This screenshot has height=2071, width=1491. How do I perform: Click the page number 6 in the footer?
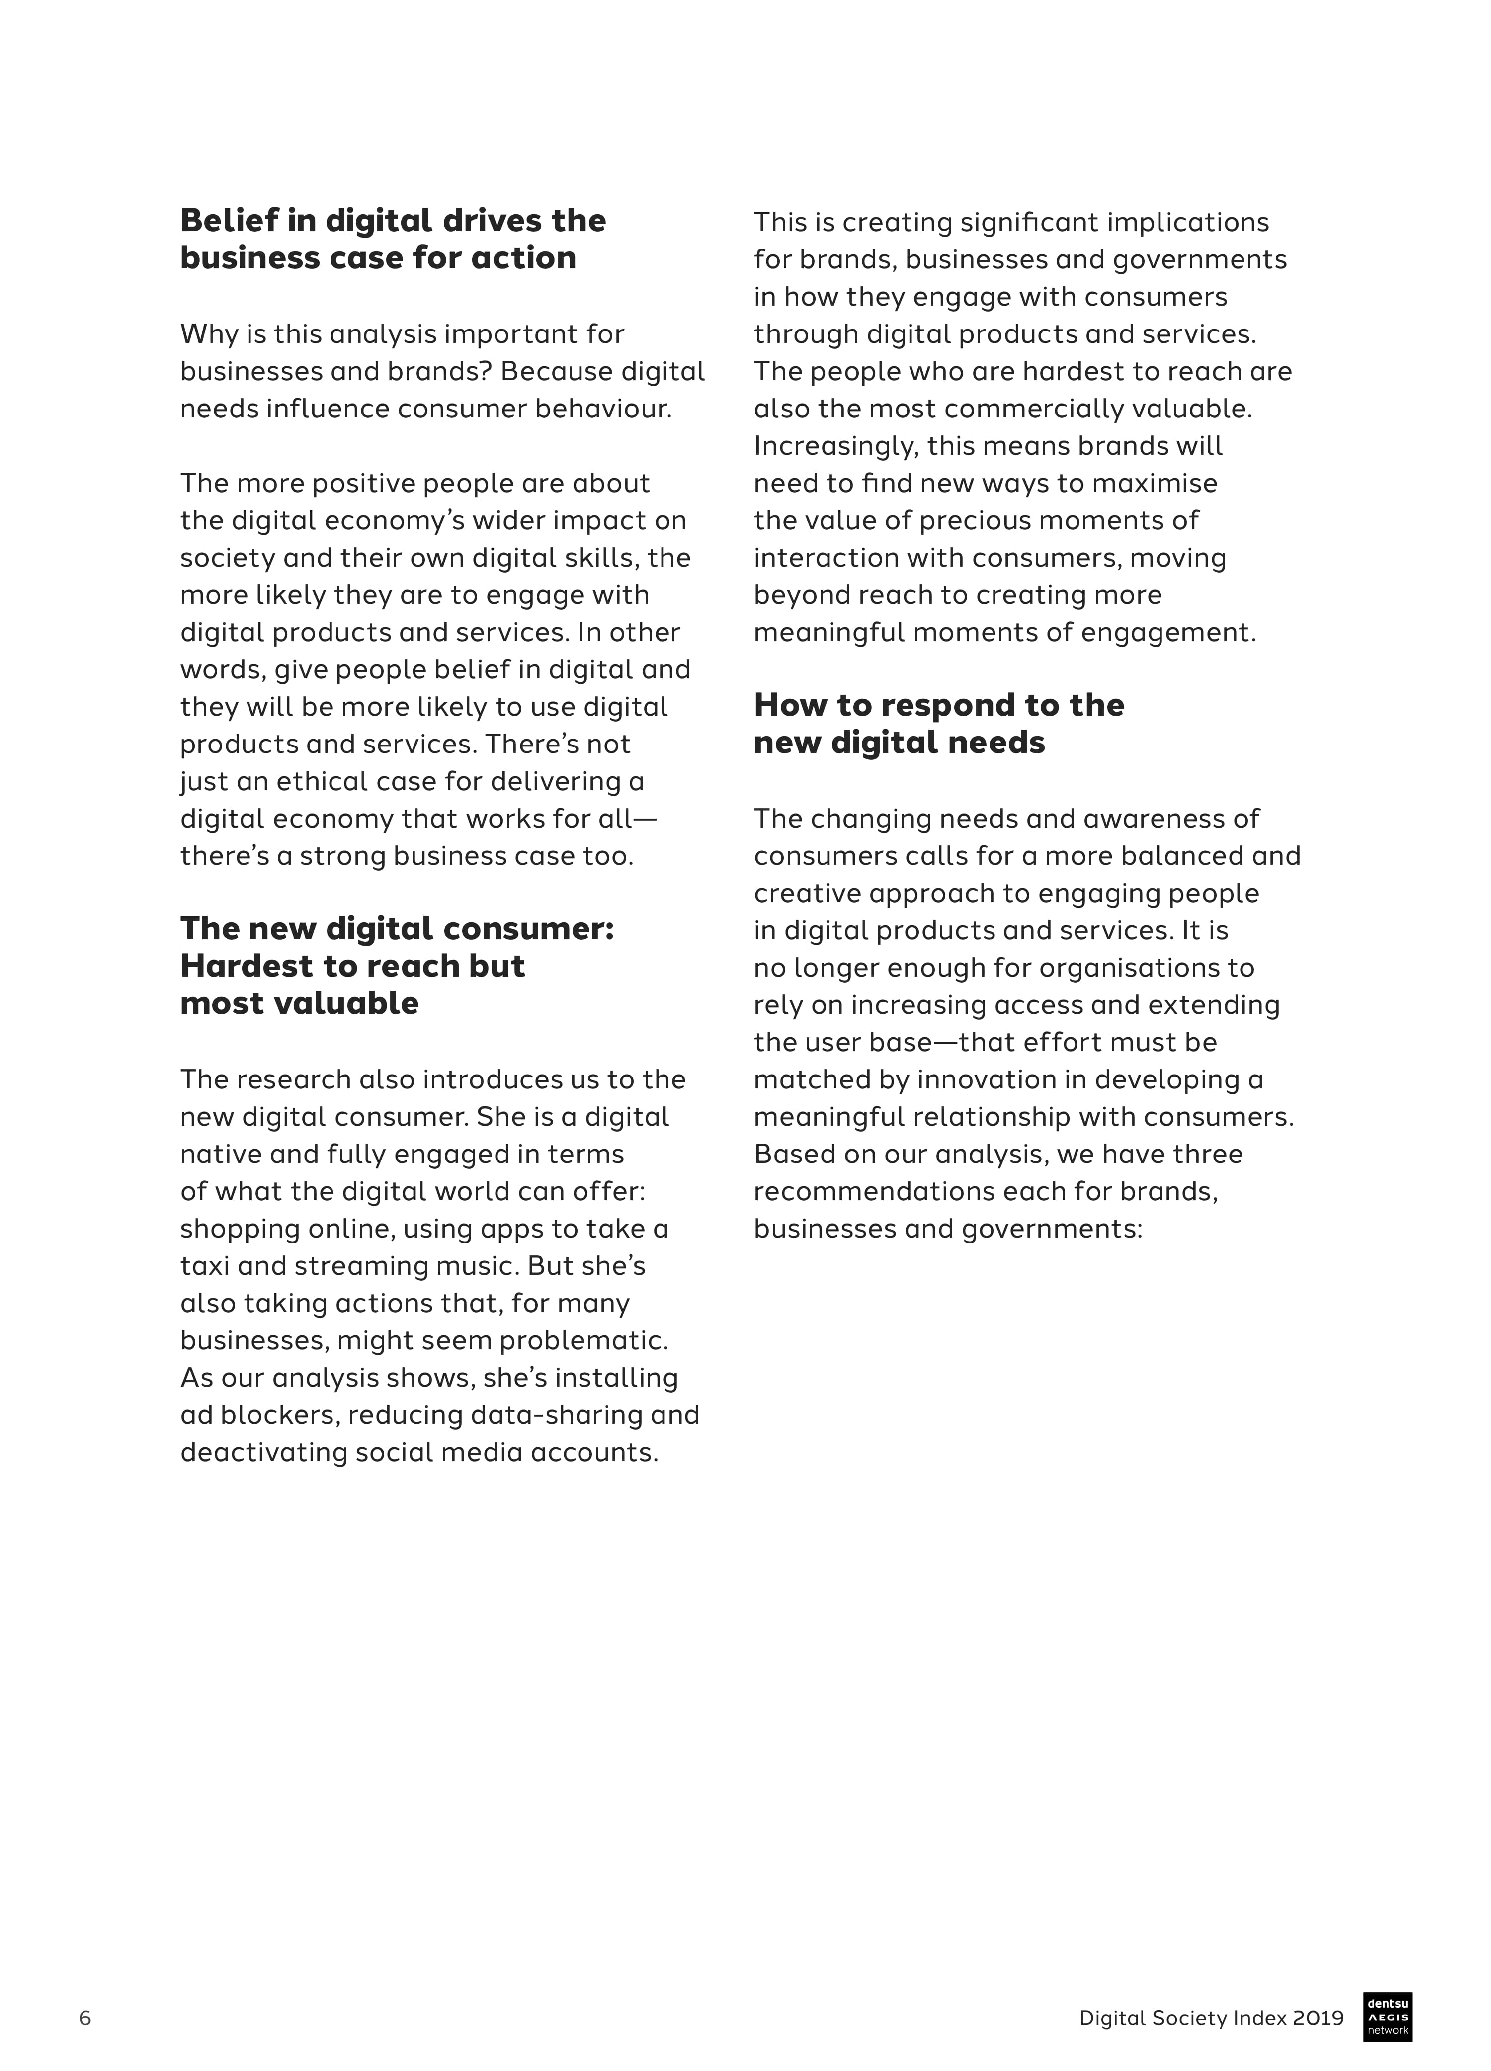85,2018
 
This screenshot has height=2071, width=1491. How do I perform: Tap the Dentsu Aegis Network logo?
1388,2016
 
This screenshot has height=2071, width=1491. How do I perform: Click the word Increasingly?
835,446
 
